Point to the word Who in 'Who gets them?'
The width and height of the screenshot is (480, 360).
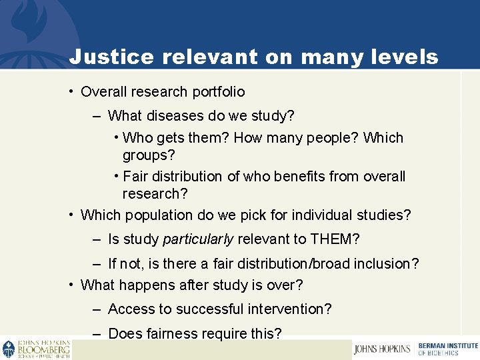click(x=137, y=138)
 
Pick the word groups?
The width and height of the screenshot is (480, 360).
click(x=149, y=155)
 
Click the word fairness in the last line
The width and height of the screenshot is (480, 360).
click(x=170, y=333)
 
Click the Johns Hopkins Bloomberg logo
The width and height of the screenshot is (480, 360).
click(x=36, y=349)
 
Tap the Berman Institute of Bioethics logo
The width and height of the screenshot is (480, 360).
click(x=447, y=349)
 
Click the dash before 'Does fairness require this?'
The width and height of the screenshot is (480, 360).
click(x=97, y=333)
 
